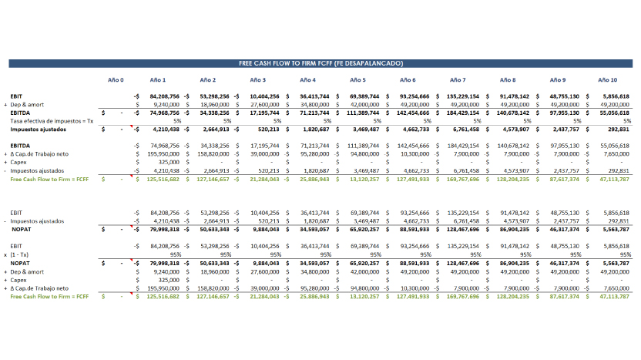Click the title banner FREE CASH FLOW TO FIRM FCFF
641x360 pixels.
pyautogui.click(x=320, y=63)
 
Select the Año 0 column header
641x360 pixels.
pyautogui.click(x=116, y=80)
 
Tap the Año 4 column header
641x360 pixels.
pyautogui.click(x=308, y=80)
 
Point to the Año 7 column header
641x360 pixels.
pyautogui.click(x=458, y=80)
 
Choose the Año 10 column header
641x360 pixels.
pyautogui.click(x=608, y=80)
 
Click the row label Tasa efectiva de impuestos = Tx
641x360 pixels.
pyautogui.click(x=52, y=121)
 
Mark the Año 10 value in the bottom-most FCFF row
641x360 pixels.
pyautogui.click(x=613, y=296)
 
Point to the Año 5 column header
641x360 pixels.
pyautogui.click(x=357, y=80)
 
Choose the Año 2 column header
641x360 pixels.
pyautogui.click(x=208, y=80)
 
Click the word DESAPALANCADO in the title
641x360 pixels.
pyautogui.click(x=374, y=63)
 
